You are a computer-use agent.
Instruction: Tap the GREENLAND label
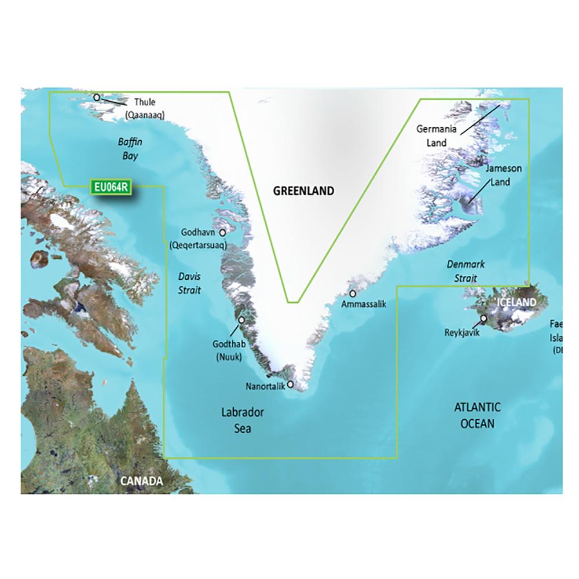pos(304,190)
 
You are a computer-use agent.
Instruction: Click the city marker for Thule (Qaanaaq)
pos(97,97)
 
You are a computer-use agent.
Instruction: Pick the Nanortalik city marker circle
pos(290,384)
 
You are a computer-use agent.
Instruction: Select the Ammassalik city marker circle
pos(353,294)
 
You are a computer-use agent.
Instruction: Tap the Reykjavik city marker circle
pos(483,318)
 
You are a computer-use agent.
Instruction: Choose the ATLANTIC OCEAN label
pos(477,416)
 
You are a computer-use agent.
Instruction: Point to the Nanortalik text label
pos(265,386)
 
